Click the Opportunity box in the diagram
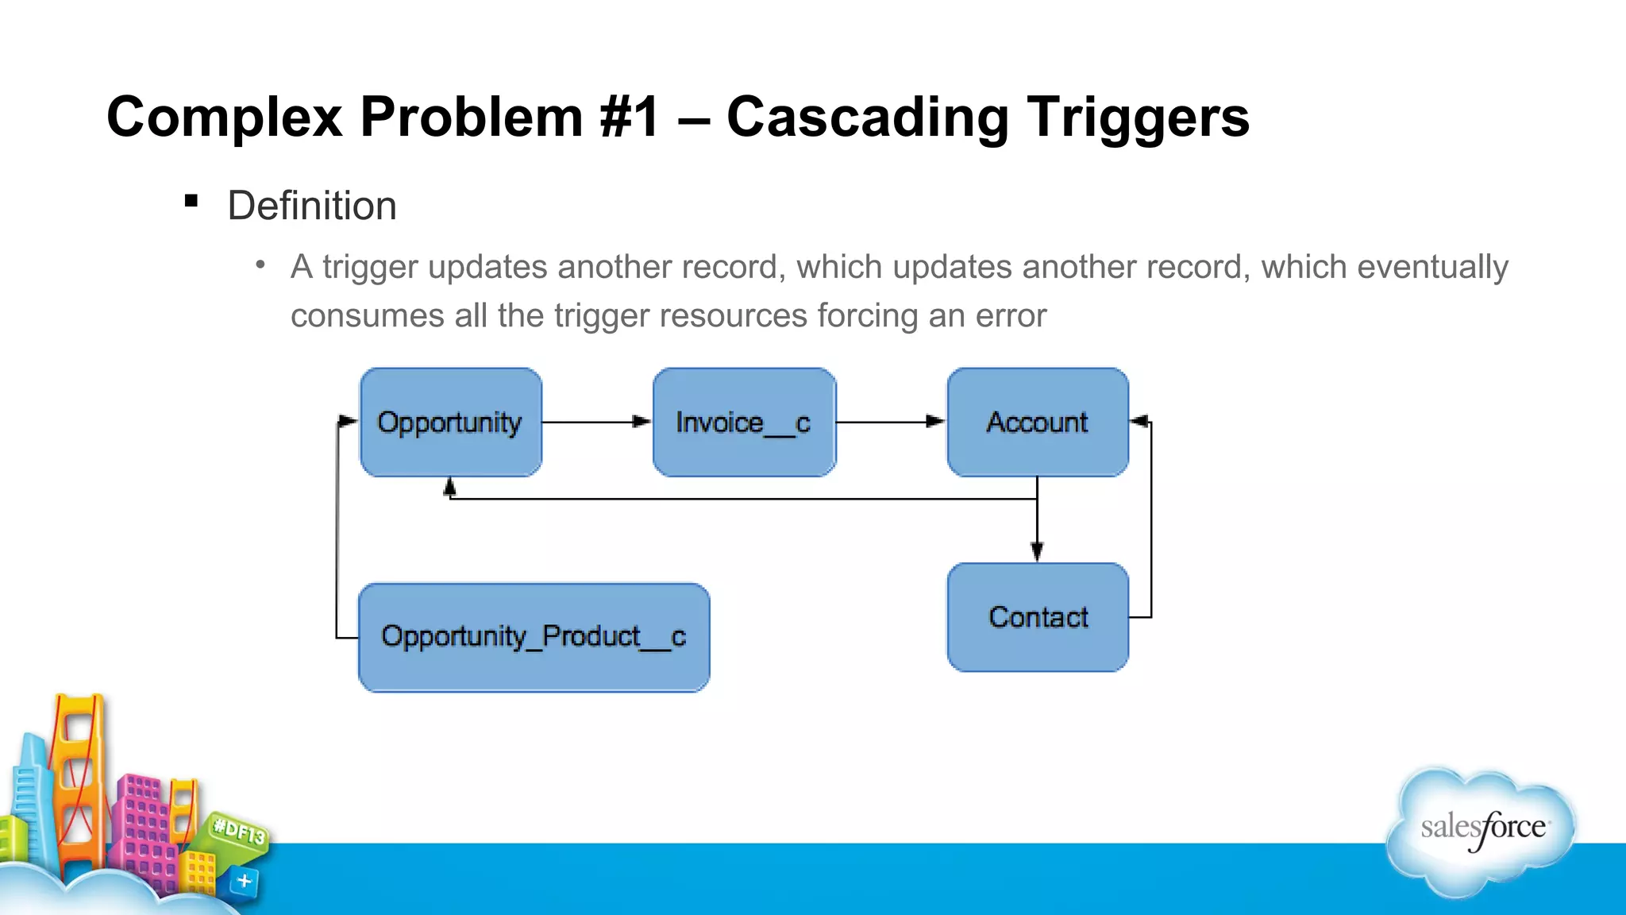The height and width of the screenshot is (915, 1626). (x=450, y=422)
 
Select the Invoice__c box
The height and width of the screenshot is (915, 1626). (x=744, y=422)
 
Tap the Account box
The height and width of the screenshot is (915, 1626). (x=1037, y=422)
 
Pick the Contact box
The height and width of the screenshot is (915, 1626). (x=1037, y=617)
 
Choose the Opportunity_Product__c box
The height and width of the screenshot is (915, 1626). (x=534, y=637)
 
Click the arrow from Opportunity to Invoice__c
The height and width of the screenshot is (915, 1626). (x=597, y=422)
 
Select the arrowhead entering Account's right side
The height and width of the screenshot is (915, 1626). (x=1140, y=422)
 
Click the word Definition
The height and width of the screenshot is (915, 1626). (x=312, y=207)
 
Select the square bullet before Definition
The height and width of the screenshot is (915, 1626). (x=191, y=201)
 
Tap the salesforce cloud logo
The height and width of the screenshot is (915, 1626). (x=1482, y=830)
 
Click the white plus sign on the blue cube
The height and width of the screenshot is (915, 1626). (x=245, y=881)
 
